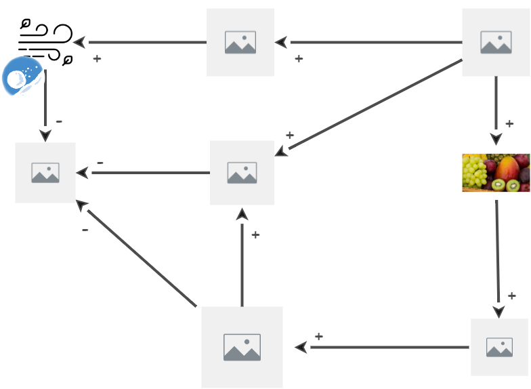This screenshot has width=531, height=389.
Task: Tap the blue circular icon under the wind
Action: click(22, 77)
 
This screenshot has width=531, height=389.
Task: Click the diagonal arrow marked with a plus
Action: click(369, 105)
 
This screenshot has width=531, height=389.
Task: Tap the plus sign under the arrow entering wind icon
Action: click(97, 59)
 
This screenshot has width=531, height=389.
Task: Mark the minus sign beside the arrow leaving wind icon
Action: click(59, 121)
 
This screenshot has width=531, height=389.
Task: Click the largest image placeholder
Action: click(242, 347)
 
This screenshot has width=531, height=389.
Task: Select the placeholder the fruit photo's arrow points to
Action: click(499, 347)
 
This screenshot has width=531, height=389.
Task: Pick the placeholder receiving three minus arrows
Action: click(45, 173)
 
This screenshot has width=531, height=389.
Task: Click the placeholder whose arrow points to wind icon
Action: click(240, 42)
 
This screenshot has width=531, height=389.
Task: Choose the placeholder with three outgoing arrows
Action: click(496, 42)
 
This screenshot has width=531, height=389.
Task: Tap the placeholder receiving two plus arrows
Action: click(242, 173)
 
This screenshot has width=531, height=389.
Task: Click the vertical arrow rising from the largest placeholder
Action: click(242, 258)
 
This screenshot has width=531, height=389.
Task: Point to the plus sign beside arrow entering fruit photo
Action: click(509, 124)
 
